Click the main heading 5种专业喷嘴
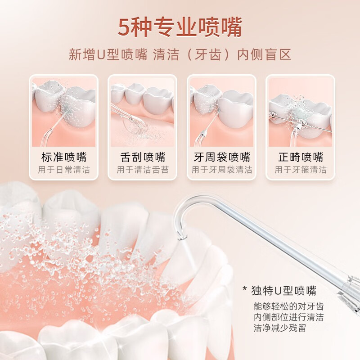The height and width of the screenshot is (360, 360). pos(180,27)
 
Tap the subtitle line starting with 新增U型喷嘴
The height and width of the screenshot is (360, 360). pos(180,55)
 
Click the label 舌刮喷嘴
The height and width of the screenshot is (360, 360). pos(143,157)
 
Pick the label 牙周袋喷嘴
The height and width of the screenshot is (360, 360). pos(221,157)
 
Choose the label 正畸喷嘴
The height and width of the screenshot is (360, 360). pos(300,157)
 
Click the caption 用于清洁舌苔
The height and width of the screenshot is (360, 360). pos(143,170)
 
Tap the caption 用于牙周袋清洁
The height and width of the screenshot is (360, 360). pos(221,170)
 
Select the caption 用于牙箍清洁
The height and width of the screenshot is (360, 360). pos(300,170)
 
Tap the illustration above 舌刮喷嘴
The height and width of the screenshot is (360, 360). pos(143,112)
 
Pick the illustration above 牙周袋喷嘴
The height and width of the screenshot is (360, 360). pos(221,112)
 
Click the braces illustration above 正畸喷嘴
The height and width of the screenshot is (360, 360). pos(300,112)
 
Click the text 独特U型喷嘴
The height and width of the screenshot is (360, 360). pos(283,290)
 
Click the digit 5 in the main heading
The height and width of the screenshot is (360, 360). pos(124,27)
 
